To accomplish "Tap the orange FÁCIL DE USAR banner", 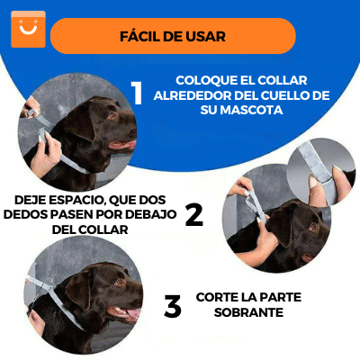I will coord(173,36).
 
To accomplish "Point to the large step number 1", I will coord(137,93).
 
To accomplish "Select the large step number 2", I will coord(194,213).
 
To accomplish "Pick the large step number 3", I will coord(173,307).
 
